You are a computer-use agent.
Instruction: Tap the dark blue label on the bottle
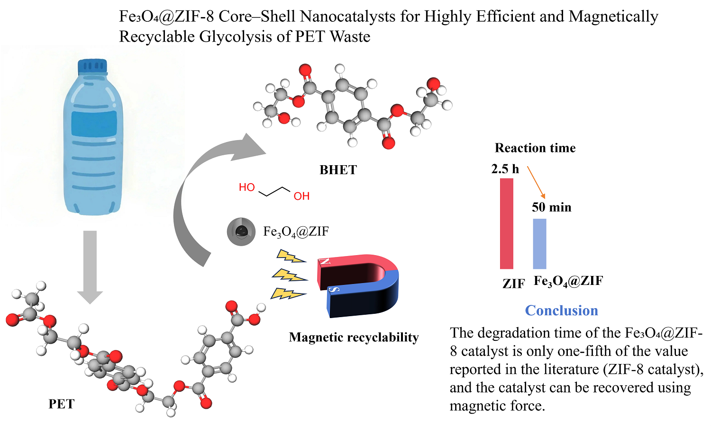94,124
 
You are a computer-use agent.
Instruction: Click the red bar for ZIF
506,223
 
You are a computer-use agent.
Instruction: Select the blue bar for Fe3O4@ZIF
539,243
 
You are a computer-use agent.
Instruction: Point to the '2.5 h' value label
505,169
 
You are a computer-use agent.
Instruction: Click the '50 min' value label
551,207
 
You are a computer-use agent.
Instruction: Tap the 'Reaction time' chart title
535,148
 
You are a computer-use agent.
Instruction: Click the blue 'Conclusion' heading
561,311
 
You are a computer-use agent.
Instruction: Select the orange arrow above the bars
536,182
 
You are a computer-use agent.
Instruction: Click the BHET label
338,170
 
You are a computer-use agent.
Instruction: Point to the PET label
62,404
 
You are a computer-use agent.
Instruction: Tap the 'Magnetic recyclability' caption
354,337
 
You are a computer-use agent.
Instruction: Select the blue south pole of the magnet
360,298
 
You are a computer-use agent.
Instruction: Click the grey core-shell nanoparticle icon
241,232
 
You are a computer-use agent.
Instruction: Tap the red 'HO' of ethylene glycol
247,187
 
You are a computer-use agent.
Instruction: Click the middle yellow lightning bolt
289,275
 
